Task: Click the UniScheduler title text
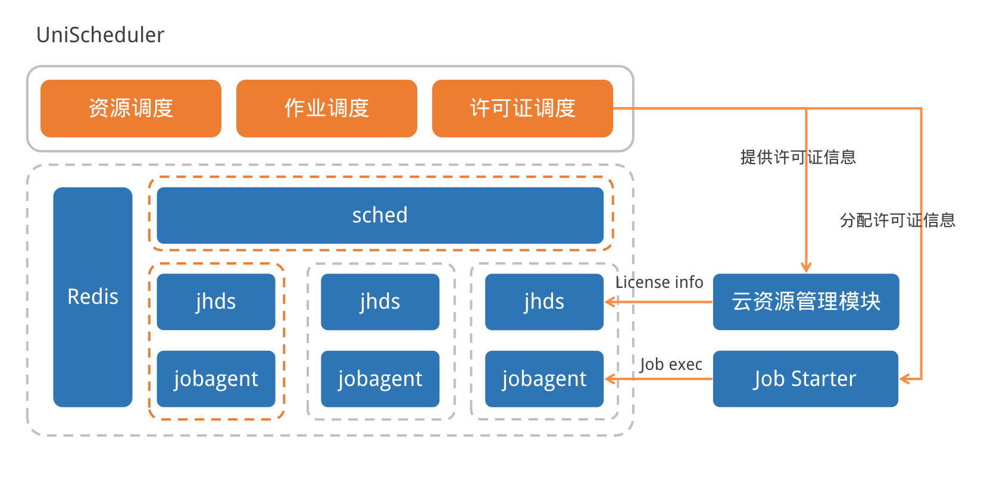click(x=100, y=35)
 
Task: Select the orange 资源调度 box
click(x=131, y=108)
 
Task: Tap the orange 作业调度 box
click(x=327, y=108)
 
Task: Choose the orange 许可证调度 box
click(x=523, y=108)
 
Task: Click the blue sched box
click(x=380, y=215)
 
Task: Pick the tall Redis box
click(x=93, y=297)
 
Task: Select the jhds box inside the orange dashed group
click(x=216, y=302)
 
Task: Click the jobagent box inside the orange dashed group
click(x=216, y=379)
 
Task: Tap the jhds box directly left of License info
click(x=544, y=302)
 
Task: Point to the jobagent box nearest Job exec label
click(x=544, y=379)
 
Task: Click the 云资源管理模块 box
click(x=806, y=302)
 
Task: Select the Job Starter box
click(x=805, y=379)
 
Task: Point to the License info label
click(x=660, y=282)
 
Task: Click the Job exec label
click(x=671, y=364)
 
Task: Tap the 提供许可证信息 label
click(x=798, y=157)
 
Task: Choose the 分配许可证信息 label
click(x=898, y=220)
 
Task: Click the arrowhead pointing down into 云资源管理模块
click(x=806, y=267)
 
